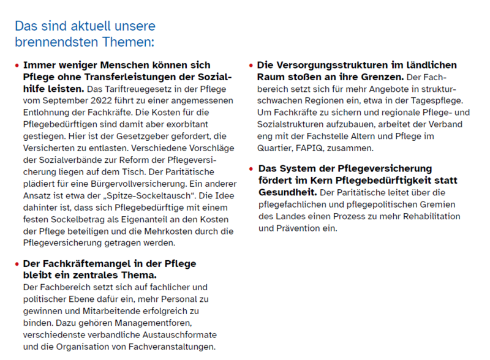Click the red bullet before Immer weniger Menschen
pyautogui.click(x=17, y=65)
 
